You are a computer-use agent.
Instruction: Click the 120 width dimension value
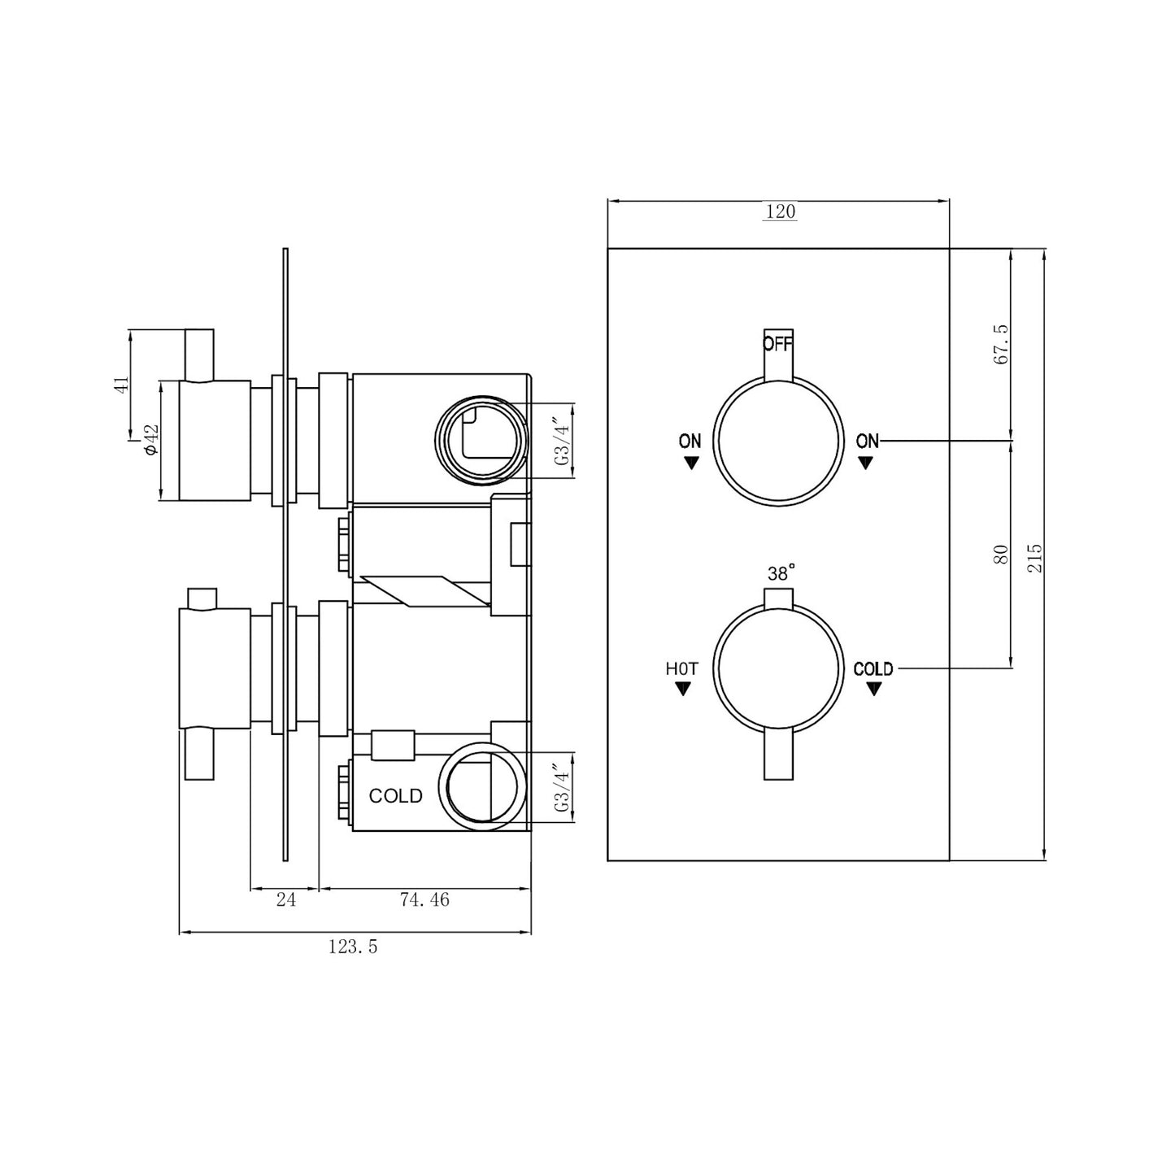779,211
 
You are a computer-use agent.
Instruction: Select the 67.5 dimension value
1001,344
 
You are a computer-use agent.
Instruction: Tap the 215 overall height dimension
1034,557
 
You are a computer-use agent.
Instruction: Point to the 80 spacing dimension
1001,555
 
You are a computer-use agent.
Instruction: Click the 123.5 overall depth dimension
353,947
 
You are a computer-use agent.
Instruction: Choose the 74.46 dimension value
424,900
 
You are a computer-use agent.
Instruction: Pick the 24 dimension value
285,900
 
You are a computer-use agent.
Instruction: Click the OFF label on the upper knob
777,343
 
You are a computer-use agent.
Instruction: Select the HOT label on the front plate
681,669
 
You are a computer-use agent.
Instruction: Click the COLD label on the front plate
873,669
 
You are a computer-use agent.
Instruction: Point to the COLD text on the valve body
395,796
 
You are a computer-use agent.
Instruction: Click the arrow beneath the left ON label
691,463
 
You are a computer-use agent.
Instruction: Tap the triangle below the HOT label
683,690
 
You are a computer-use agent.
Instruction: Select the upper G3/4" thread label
561,440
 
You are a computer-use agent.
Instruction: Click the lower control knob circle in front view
777,668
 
